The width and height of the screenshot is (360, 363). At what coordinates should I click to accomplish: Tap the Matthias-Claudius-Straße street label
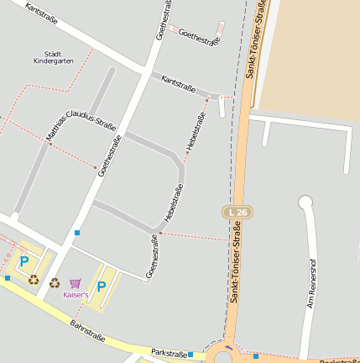[81, 127]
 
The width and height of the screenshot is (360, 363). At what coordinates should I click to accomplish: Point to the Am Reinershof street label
[313, 283]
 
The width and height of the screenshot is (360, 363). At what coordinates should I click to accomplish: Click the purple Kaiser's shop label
[76, 295]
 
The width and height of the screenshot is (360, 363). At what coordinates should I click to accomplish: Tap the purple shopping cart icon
[76, 284]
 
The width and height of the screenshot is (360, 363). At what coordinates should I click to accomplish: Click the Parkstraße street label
[169, 354]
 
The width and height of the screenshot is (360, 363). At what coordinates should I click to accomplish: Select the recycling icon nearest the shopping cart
[55, 283]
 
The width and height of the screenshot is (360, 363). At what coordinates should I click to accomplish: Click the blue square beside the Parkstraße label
[191, 355]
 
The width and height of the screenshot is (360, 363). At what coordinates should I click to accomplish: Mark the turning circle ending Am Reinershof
[305, 202]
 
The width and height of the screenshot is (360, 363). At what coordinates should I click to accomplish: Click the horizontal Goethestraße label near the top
[200, 37]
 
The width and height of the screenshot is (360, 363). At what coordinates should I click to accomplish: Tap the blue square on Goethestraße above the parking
[77, 232]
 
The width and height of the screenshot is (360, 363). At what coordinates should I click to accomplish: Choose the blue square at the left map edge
[8, 277]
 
